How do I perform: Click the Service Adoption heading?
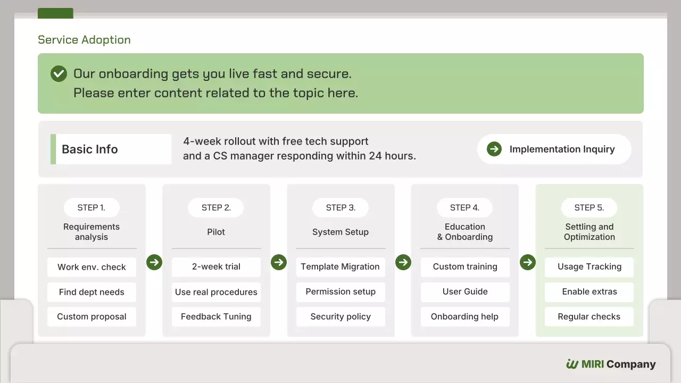[x=84, y=40]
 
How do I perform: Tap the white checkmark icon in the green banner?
[x=59, y=73]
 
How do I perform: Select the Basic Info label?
[x=90, y=149]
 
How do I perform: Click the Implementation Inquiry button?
[x=554, y=149]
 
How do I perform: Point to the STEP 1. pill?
[x=92, y=207]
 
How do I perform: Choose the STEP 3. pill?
[x=340, y=207]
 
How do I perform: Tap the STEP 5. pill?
[x=589, y=207]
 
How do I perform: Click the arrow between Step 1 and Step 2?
[x=154, y=262]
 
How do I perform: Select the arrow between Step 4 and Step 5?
[x=528, y=262]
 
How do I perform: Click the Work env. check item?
[x=92, y=267]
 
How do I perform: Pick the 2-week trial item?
[x=216, y=267]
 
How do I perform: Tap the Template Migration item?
[x=340, y=267]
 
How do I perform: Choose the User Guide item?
[x=465, y=292]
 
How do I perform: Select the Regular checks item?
[x=589, y=317]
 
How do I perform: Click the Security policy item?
[x=340, y=317]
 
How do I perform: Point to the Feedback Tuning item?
[x=216, y=317]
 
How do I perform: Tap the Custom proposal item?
[x=92, y=317]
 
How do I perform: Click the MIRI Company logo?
[x=611, y=364]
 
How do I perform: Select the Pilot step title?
[x=216, y=232]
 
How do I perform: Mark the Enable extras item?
[x=589, y=292]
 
